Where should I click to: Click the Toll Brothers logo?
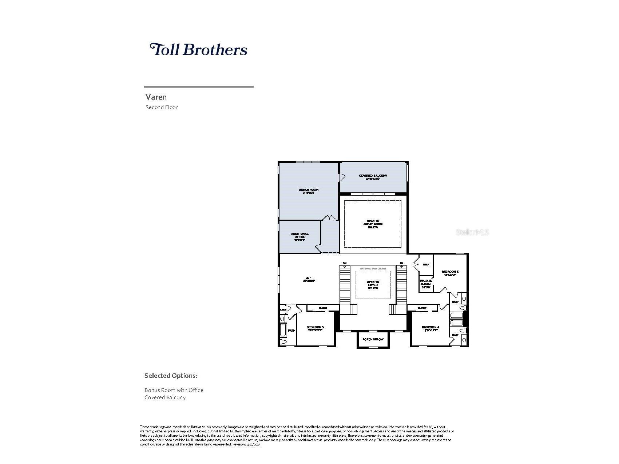pos(198,49)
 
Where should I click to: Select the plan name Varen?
pos(156,97)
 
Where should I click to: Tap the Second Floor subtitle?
pos(162,107)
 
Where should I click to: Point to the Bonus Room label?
pos(308,191)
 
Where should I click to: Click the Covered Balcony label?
pos(373,177)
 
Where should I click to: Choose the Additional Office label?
pos(299,237)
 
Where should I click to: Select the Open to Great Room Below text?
pos(373,224)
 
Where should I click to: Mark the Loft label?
pos(309,279)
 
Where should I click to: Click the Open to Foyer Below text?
pos(373,285)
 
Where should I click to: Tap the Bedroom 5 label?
pos(315,329)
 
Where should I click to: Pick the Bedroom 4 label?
pos(431,329)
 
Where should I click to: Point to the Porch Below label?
pos(373,339)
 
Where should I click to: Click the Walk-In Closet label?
pos(426,284)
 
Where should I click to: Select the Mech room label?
pos(426,265)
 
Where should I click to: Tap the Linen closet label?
pos(283,309)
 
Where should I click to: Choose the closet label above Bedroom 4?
pos(422,308)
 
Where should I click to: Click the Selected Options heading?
pos(171,376)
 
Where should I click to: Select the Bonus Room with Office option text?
pos(174,390)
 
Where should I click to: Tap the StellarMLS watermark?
pos(472,232)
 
